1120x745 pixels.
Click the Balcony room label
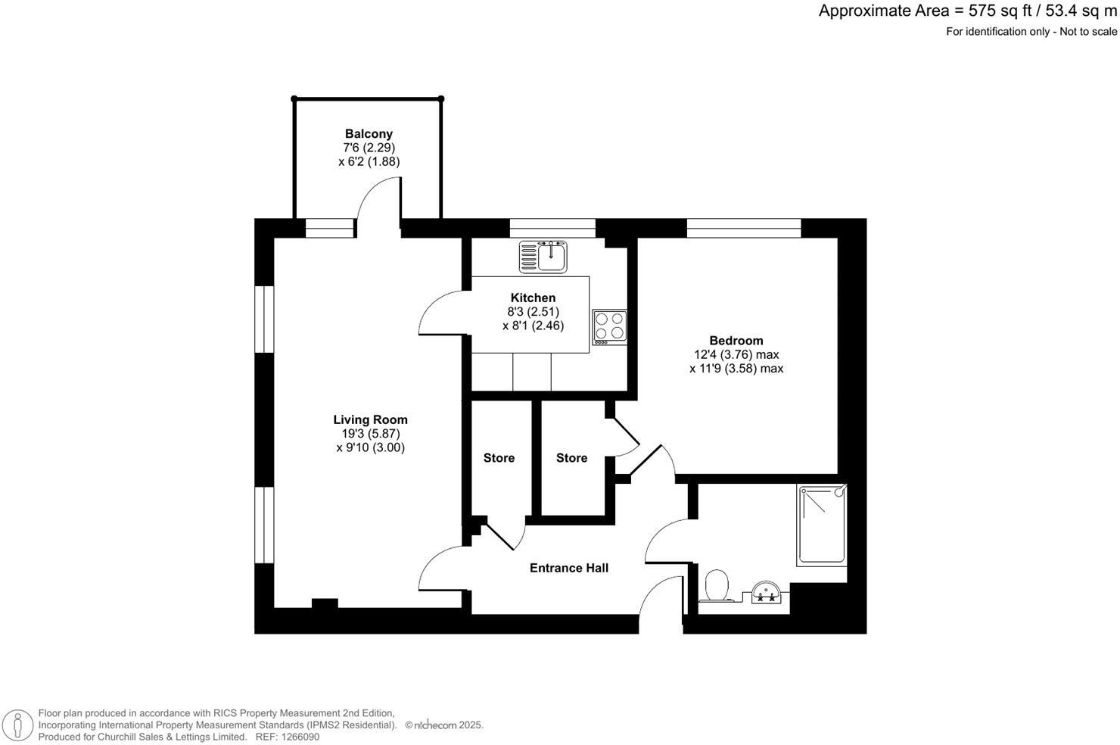(369, 134)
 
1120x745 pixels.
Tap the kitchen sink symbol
(543, 257)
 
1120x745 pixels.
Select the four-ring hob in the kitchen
(609, 327)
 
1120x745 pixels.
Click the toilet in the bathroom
(716, 587)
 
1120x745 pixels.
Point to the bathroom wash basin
(766, 591)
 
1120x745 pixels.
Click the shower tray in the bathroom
(822, 525)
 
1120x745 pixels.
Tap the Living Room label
(370, 419)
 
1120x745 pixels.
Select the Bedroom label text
(736, 341)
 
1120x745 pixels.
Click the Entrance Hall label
(568, 568)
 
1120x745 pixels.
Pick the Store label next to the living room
(499, 458)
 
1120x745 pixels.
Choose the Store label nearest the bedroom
(571, 458)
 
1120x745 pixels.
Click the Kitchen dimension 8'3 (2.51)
(533, 312)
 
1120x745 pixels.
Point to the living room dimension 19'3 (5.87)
(370, 434)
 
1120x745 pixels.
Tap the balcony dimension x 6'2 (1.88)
(369, 161)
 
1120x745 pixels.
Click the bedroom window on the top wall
(743, 228)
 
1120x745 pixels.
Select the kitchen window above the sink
(552, 228)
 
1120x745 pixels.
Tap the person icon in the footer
(17, 725)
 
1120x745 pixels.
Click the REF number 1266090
(298, 737)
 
